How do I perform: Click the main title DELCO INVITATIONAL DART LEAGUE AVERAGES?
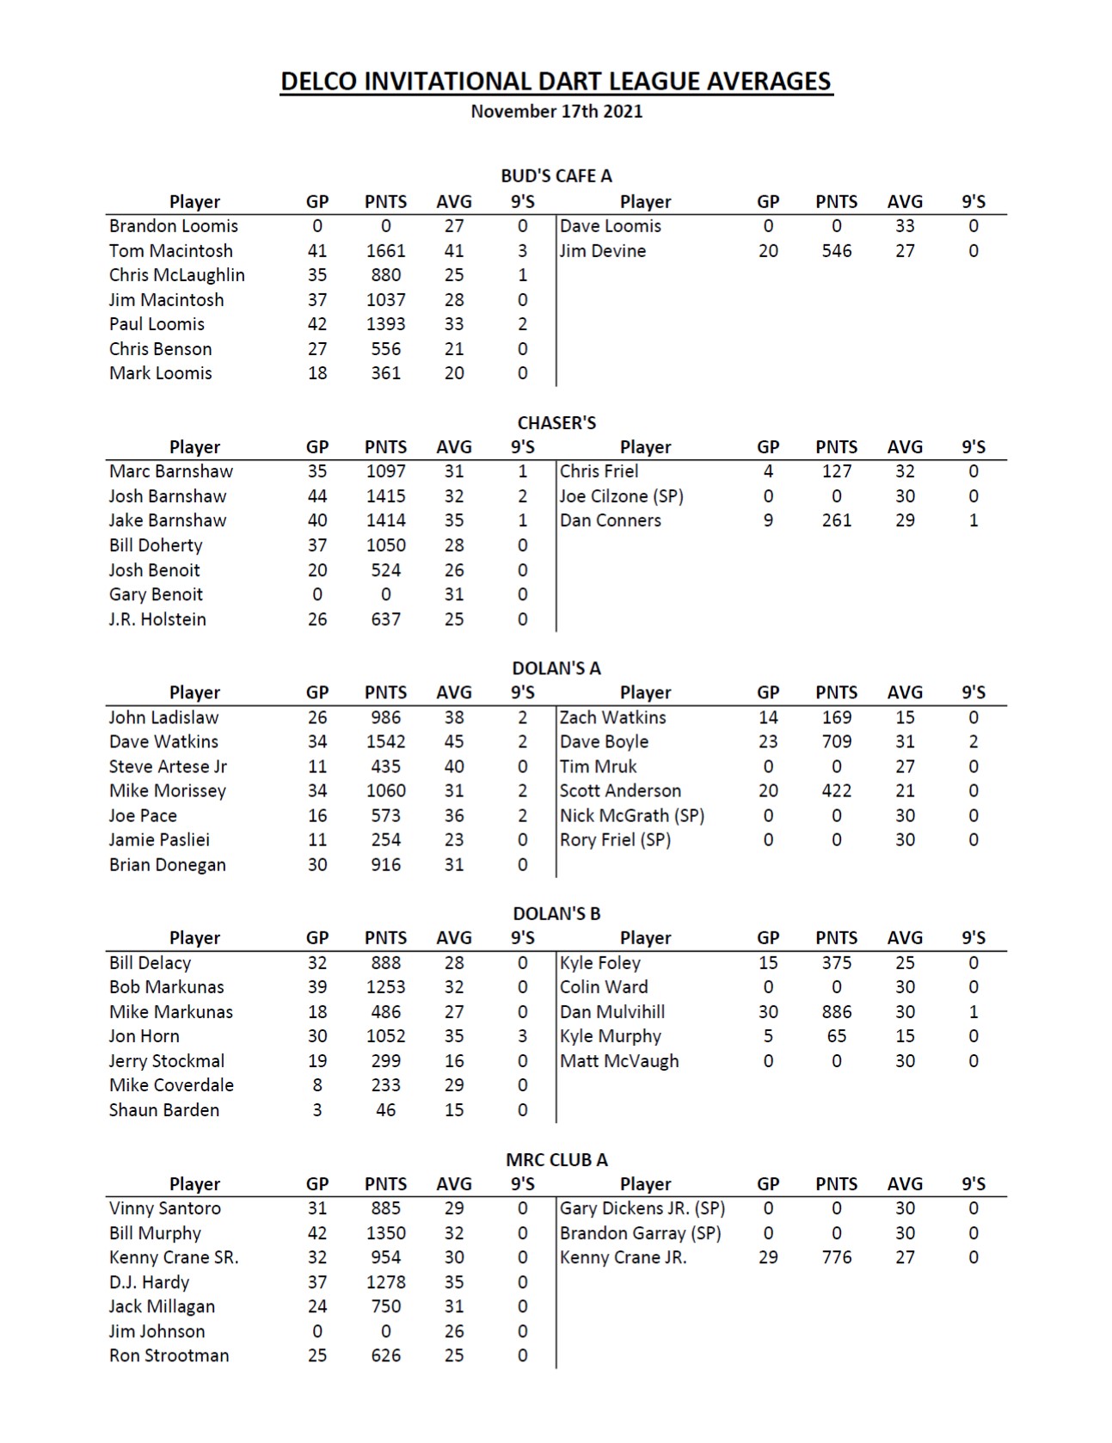pyautogui.click(x=556, y=81)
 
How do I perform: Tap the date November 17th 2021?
pyautogui.click(x=556, y=111)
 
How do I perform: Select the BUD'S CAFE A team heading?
pyautogui.click(x=556, y=175)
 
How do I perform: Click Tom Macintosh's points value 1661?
pyautogui.click(x=385, y=251)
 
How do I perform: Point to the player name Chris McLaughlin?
pyautogui.click(x=176, y=275)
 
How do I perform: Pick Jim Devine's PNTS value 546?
pyautogui.click(x=836, y=251)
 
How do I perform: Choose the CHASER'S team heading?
pyautogui.click(x=556, y=422)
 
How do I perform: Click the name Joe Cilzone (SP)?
pyautogui.click(x=621, y=496)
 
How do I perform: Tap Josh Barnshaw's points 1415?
pyautogui.click(x=385, y=496)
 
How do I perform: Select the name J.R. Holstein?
pyautogui.click(x=157, y=619)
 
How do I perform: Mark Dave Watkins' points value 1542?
pyautogui.click(x=385, y=741)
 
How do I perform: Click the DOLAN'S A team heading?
pyautogui.click(x=556, y=668)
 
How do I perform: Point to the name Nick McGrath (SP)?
pyautogui.click(x=631, y=815)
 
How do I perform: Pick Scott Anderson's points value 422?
pyautogui.click(x=836, y=791)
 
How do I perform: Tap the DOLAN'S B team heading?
pyautogui.click(x=556, y=913)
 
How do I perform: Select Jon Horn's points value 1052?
pyautogui.click(x=385, y=1036)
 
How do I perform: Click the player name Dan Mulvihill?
pyautogui.click(x=612, y=1012)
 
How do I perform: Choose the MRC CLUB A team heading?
pyautogui.click(x=556, y=1159)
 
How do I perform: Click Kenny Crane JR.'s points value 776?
pyautogui.click(x=836, y=1257)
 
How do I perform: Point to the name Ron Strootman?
pyautogui.click(x=169, y=1355)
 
